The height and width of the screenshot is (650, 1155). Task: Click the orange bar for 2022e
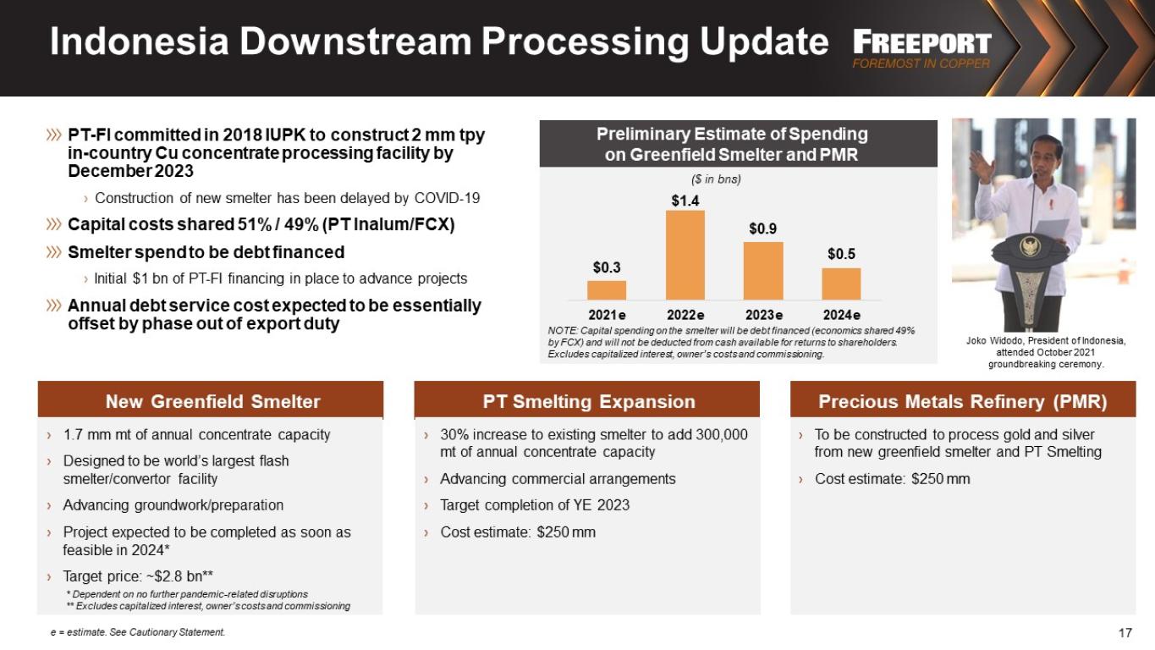tap(685, 255)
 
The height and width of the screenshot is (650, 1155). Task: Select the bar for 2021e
tap(607, 290)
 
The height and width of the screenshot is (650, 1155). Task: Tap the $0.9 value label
tap(762, 229)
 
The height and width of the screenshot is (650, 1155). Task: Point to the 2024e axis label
tap(841, 315)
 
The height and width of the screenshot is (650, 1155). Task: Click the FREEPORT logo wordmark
tap(921, 42)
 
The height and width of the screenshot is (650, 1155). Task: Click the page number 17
tap(1125, 632)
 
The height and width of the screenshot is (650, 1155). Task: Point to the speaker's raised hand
tap(979, 163)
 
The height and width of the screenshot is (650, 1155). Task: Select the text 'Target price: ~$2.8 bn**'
tap(138, 576)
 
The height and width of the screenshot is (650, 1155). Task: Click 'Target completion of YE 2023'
tap(535, 505)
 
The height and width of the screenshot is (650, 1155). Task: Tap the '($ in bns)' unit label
tap(716, 179)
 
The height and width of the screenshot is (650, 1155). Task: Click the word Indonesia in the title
tap(140, 41)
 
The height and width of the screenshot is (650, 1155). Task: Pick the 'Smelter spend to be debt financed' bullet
tap(206, 252)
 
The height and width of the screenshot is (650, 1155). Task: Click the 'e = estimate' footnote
tap(138, 632)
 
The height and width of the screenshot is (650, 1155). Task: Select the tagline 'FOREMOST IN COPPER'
tap(921, 63)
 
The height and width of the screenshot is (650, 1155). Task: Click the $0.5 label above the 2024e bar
tap(841, 254)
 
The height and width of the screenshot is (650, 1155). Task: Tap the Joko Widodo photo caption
tap(1046, 352)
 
